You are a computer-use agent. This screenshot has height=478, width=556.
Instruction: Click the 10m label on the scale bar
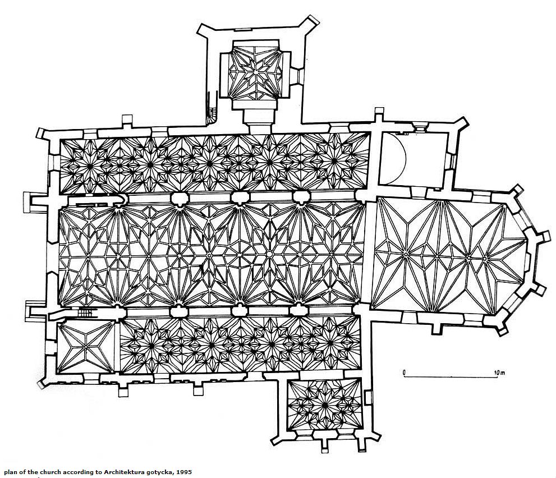499,372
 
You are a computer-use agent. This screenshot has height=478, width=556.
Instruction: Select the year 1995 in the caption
183,472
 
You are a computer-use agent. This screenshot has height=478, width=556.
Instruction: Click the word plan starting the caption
10,472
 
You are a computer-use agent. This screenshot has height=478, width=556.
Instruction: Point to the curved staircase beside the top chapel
212,107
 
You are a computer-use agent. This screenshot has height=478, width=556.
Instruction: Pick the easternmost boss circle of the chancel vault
484,259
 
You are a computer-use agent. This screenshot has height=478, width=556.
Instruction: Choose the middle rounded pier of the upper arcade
240,197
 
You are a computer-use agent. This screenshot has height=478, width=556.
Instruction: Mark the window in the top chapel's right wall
298,73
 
